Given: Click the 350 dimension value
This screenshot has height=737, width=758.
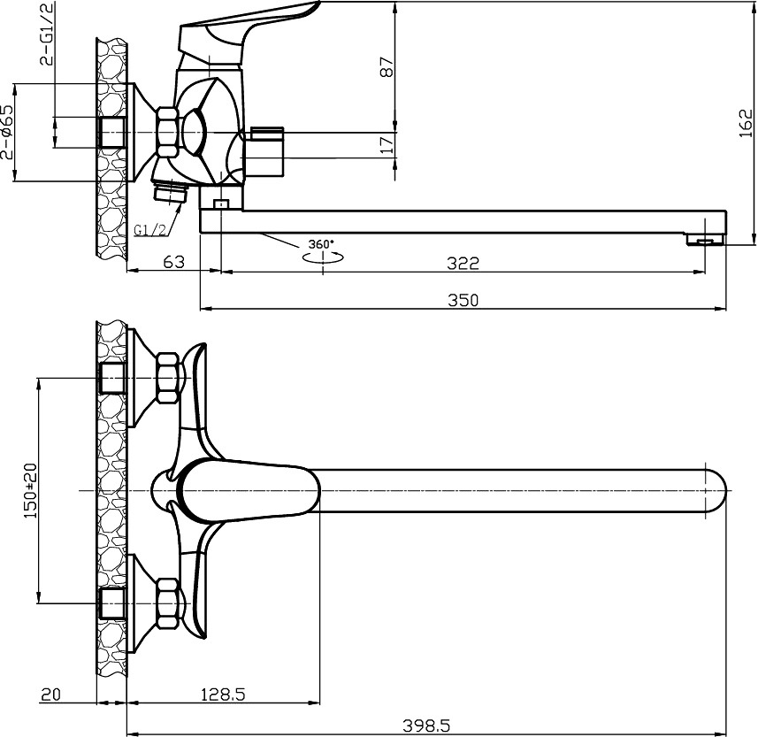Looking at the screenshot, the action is [463, 300].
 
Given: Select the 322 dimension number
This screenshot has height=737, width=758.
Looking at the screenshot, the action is [463, 263].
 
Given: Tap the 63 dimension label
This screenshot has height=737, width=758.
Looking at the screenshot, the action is [174, 262].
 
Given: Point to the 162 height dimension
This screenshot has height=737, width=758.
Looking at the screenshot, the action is [746, 123].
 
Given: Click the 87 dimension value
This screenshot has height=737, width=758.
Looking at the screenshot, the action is [387, 66].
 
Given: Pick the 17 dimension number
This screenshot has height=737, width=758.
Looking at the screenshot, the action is [387, 145].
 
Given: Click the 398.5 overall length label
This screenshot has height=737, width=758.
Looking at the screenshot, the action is [426, 725].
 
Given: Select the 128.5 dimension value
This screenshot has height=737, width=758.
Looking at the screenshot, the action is [223, 695].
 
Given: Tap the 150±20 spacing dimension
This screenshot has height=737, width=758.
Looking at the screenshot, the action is [30, 490].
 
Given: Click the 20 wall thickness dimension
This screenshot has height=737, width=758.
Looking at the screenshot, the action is [50, 695].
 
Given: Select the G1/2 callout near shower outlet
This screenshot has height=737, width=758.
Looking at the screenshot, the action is [149, 230].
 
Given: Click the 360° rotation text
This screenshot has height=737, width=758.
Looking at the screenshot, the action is [321, 245].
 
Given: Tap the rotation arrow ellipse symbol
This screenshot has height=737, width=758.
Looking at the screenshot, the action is [324, 257].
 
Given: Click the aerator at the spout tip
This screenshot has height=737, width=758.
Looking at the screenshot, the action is [705, 240].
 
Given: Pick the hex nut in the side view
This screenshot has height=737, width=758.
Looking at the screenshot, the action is [168, 132].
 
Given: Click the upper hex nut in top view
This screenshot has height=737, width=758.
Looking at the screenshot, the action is [168, 378].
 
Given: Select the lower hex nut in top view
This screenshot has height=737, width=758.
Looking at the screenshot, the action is [168, 603].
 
